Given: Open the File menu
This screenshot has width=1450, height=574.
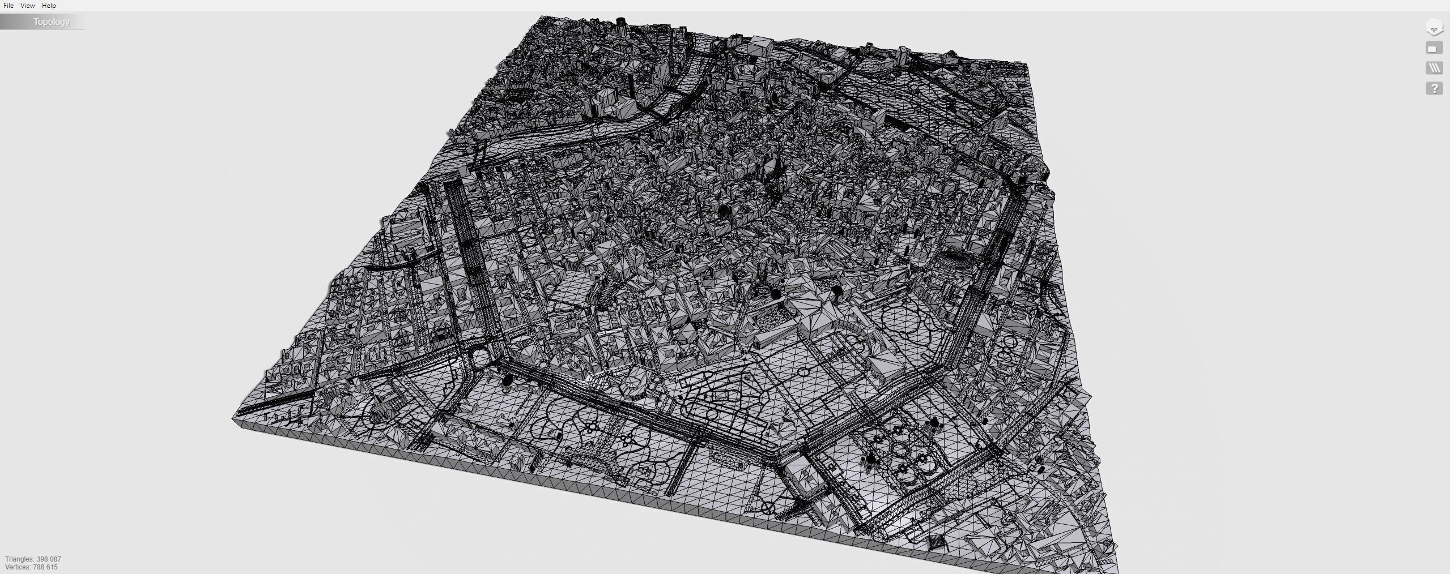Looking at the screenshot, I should [8, 6].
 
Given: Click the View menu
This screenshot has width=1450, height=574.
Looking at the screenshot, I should [27, 6].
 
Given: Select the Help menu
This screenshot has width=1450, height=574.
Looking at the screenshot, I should [49, 6].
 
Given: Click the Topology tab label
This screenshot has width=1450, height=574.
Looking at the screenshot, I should [51, 22].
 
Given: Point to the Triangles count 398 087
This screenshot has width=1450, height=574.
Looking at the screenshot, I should [33, 559].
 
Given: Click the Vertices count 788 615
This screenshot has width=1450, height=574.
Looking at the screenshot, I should [31, 567].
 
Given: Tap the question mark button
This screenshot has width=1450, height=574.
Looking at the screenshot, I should [1434, 88].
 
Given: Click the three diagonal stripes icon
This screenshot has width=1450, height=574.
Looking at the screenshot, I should [1434, 68].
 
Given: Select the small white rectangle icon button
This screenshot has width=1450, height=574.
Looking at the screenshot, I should [1434, 48].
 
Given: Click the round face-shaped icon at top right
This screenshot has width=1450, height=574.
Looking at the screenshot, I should [1434, 27].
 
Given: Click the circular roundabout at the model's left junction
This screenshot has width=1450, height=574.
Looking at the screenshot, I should [479, 358].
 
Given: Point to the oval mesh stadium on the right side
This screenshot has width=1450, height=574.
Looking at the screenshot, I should [954, 262].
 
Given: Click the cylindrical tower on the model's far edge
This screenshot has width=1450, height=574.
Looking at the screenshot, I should [622, 23].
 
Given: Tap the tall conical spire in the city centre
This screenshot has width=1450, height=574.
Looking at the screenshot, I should [771, 165].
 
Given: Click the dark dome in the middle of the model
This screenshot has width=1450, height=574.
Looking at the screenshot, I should [724, 212].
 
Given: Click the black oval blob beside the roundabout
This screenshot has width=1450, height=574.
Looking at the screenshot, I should [508, 379].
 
